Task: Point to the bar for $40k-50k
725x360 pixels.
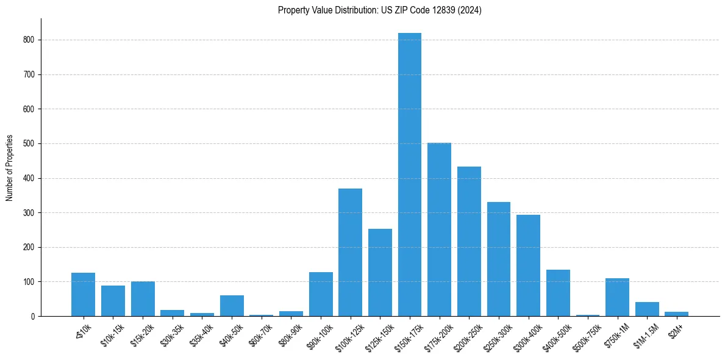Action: click(232, 306)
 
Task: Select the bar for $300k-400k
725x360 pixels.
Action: click(528, 265)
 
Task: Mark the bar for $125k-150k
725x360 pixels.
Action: click(380, 272)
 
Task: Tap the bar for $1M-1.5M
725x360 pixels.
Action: click(647, 309)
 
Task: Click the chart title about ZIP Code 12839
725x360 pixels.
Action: click(379, 10)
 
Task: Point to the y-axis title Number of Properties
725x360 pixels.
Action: click(10, 167)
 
